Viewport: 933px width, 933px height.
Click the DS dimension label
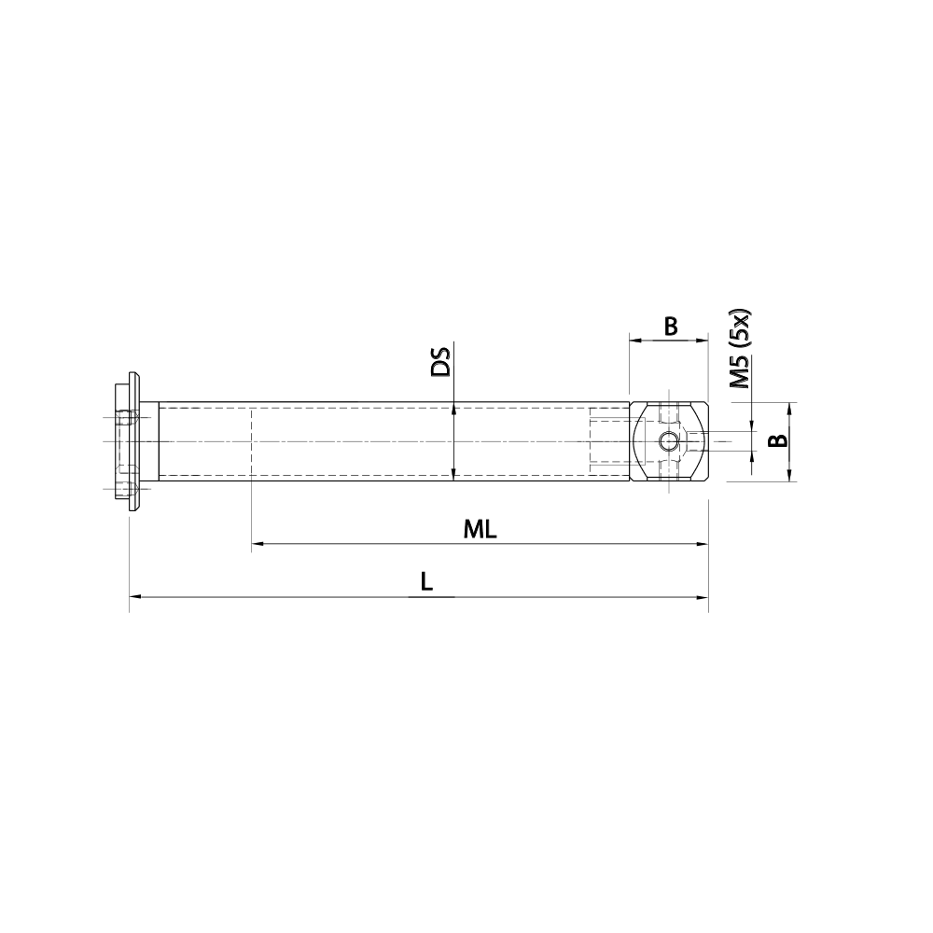(x=440, y=362)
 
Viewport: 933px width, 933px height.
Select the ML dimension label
(x=480, y=529)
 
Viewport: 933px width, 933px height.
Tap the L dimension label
(x=425, y=581)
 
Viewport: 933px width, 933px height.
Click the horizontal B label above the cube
(x=670, y=327)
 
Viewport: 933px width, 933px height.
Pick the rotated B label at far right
(x=776, y=441)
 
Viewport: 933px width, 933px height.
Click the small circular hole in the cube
(x=669, y=442)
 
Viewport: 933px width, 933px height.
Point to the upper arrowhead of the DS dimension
(x=453, y=408)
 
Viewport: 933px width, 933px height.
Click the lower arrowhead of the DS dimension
(x=453, y=476)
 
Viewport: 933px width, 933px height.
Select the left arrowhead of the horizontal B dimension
(x=635, y=341)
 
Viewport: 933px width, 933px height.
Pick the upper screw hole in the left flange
(x=123, y=416)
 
